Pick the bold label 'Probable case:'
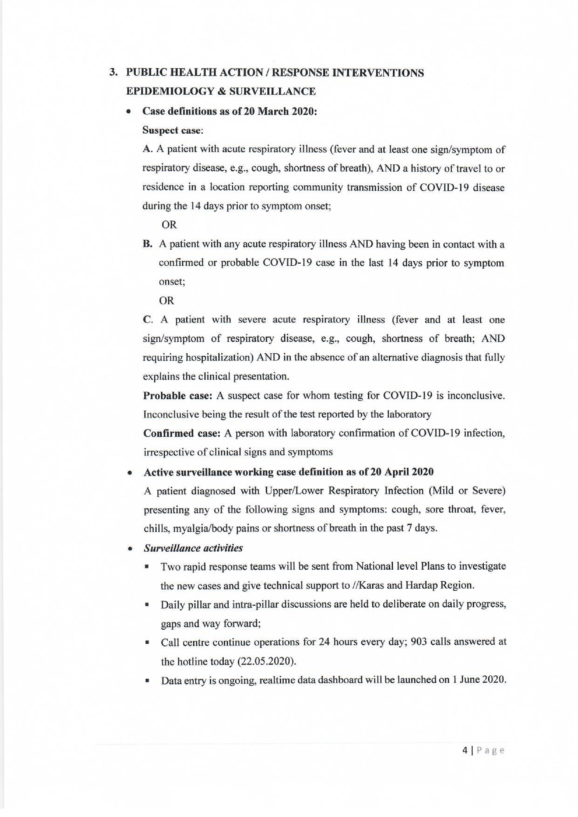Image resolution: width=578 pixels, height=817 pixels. (x=178, y=396)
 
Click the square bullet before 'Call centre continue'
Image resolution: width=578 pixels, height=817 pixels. (x=147, y=643)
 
